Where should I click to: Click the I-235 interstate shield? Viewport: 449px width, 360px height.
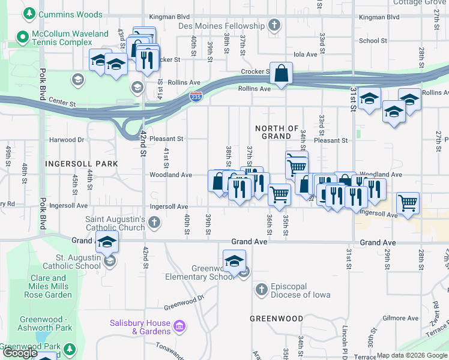[x=196, y=97]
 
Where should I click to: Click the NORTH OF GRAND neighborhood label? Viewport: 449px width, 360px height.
[x=277, y=133]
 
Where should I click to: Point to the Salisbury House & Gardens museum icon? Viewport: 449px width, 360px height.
[x=178, y=327]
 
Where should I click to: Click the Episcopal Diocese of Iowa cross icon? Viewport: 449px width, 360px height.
[x=261, y=290]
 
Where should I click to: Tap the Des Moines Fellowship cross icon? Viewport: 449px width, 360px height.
[x=274, y=26]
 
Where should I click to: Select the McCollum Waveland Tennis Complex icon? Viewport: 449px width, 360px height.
[x=23, y=38]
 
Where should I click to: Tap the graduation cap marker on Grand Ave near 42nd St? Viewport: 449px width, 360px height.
[x=107, y=242]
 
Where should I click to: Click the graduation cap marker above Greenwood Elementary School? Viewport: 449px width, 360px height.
[x=234, y=261]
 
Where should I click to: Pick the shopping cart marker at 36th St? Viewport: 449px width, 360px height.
[x=279, y=194]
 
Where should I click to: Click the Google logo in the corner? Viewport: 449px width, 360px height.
[x=20, y=353]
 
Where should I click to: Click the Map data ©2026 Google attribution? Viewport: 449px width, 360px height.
[x=412, y=355]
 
